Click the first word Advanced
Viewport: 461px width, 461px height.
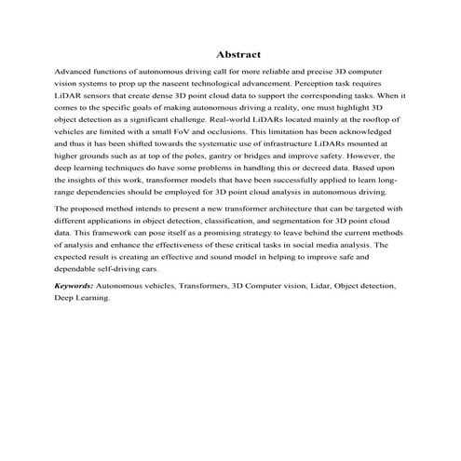point(74,71)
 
